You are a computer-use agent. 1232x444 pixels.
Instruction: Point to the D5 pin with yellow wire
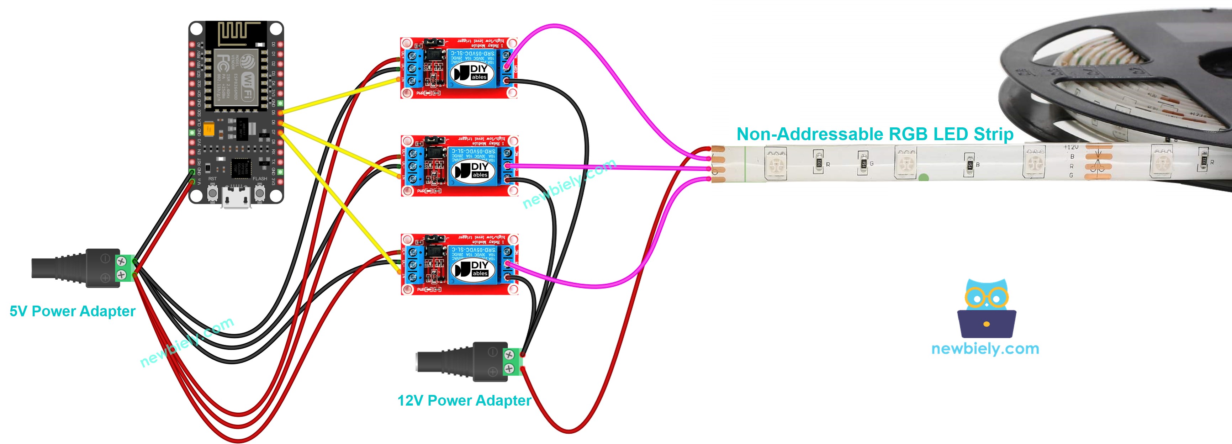(280, 112)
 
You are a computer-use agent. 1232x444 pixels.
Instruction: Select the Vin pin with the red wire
(193, 181)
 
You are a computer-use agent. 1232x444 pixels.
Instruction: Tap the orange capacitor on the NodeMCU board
(209, 129)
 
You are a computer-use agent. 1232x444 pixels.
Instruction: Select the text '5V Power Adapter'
(72, 311)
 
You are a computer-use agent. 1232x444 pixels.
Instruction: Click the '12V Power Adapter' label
(464, 401)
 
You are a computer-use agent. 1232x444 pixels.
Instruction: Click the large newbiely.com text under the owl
(985, 349)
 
